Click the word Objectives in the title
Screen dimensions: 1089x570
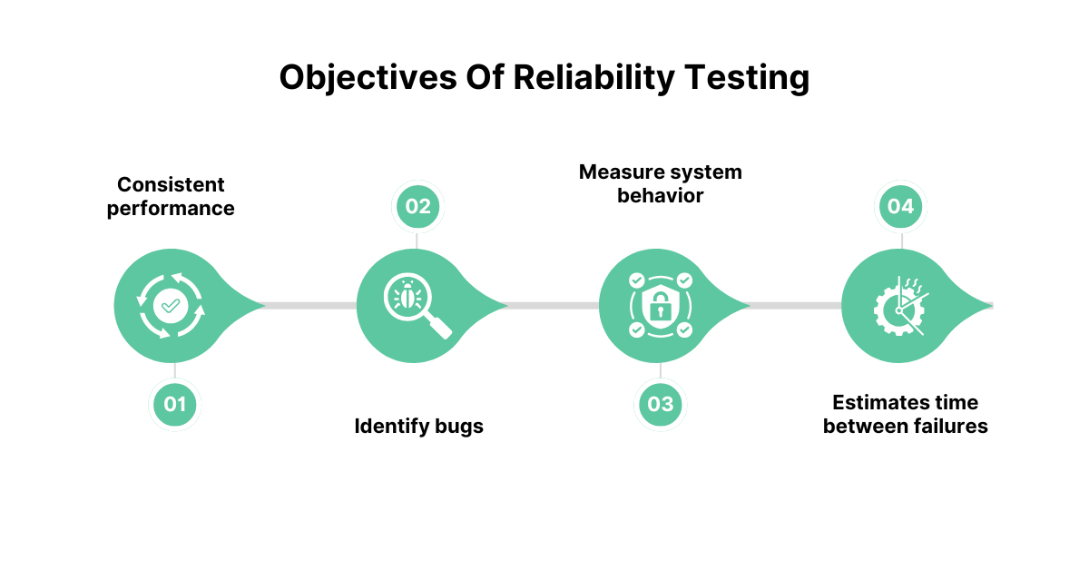[368, 78]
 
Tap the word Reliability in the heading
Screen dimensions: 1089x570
[594, 78]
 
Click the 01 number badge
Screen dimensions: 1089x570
[174, 404]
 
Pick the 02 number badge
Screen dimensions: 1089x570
[417, 206]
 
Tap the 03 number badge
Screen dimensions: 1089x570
[661, 404]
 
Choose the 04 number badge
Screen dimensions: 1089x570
[900, 206]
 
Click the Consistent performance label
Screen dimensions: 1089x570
[171, 196]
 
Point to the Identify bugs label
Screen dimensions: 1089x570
[418, 427]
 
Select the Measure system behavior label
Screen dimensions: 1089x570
[661, 184]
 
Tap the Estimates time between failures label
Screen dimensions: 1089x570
[906, 415]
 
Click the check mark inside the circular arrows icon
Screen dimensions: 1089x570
[171, 306]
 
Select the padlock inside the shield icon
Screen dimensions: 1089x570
[661, 308]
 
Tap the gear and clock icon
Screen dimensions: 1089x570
[899, 307]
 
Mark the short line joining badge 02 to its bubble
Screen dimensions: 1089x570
[417, 241]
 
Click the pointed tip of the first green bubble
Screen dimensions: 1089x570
[264, 306]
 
